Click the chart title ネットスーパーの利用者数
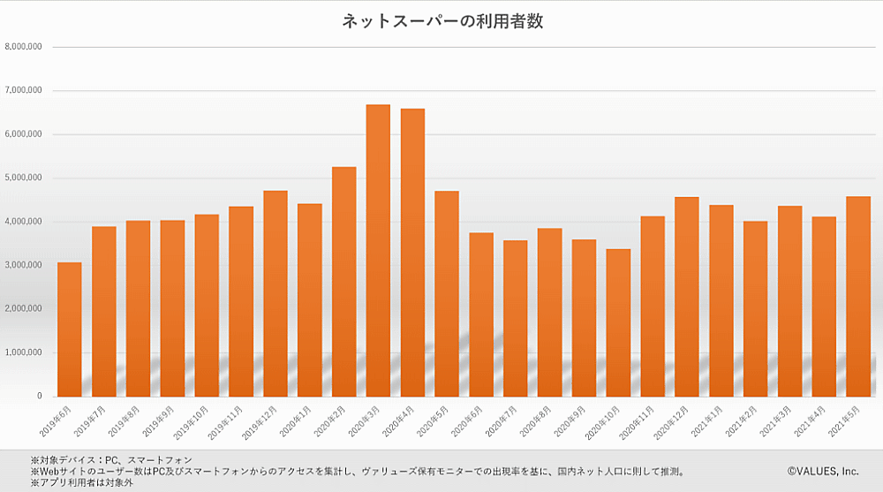[442, 21]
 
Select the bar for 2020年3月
[378, 251]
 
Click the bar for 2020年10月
[618, 323]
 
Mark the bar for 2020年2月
[343, 282]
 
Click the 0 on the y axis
[40, 397]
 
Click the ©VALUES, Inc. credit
[823, 471]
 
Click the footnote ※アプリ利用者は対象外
[81, 482]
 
